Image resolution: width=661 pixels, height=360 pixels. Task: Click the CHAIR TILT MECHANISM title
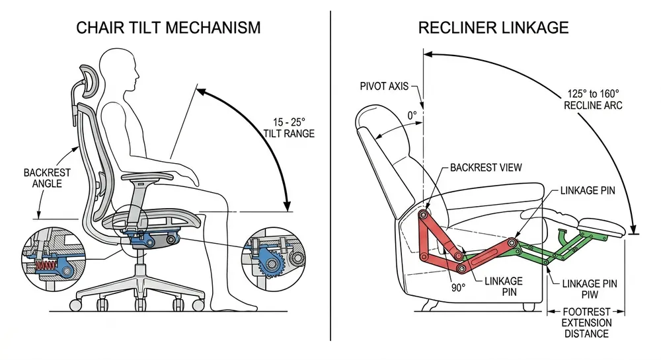point(168,27)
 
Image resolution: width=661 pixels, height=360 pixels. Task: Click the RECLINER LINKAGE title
point(492,27)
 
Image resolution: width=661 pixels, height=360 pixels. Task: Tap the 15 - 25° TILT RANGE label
point(289,127)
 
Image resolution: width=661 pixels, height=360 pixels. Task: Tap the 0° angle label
point(412,115)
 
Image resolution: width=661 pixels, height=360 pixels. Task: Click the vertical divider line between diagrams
point(330,178)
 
